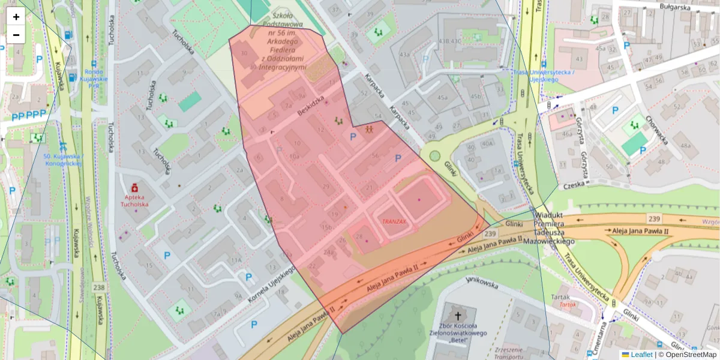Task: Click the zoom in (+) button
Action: tap(16, 17)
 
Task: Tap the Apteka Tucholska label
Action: tap(135, 200)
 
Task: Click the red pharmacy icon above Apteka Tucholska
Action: tap(135, 188)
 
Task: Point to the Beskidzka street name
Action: tap(310, 106)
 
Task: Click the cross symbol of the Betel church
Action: tap(459, 316)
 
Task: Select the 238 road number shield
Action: tap(99, 287)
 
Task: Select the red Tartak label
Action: tap(568, 304)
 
